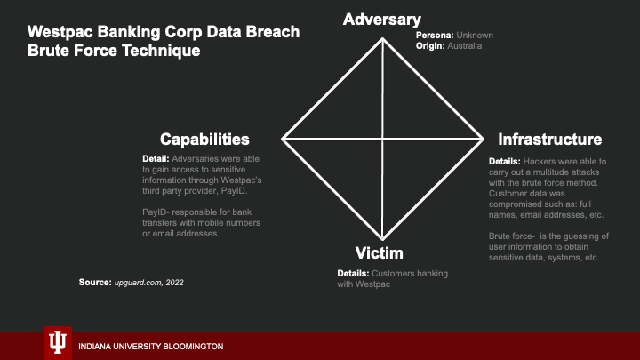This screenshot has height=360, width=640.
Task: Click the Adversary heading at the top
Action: point(382,20)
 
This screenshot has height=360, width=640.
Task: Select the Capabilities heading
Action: point(204,140)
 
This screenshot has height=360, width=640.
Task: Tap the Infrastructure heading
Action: point(550,140)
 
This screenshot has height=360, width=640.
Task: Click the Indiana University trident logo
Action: point(57,343)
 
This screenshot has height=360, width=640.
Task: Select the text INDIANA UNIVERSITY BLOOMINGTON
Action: point(151,346)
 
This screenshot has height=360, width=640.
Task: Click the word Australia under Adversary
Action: point(465,45)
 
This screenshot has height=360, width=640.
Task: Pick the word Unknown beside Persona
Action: point(476,36)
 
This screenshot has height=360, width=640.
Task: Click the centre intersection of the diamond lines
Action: point(383,139)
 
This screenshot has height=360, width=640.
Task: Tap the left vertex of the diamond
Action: point(283,139)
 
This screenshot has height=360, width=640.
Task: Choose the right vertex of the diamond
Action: point(484,139)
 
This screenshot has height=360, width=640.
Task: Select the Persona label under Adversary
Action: point(436,36)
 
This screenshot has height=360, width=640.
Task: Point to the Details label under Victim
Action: point(355,273)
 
